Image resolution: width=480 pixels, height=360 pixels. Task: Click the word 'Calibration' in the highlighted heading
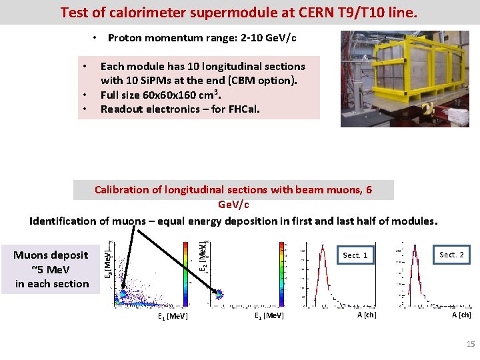(124, 190)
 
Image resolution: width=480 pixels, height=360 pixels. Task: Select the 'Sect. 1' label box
(355, 255)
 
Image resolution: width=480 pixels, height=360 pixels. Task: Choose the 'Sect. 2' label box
(451, 255)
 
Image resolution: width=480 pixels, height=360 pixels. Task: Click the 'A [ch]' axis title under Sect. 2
(461, 315)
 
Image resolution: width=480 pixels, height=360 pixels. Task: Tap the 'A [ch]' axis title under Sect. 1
(367, 315)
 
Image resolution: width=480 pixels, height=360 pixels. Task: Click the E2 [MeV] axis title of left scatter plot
(107, 264)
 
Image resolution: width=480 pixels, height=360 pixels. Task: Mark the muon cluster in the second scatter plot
(219, 294)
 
